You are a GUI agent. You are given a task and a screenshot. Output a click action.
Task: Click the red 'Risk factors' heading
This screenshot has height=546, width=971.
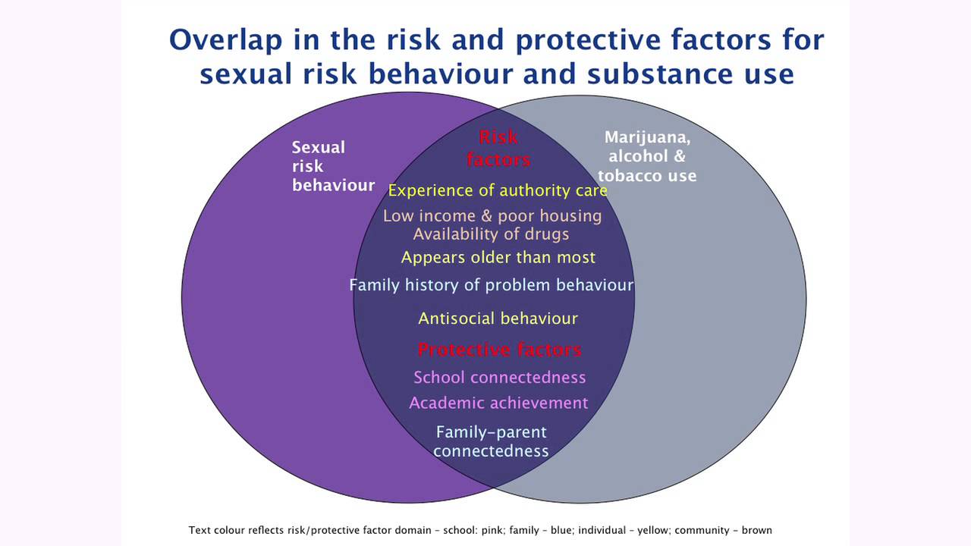coord(498,149)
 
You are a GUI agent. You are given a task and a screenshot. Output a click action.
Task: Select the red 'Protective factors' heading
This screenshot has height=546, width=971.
coord(499,350)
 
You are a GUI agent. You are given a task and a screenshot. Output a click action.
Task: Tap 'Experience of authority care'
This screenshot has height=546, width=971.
coord(498,190)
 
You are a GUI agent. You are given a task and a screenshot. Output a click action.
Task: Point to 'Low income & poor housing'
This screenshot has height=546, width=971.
coord(492,216)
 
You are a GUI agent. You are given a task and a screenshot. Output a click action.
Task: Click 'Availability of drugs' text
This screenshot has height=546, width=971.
coord(491,234)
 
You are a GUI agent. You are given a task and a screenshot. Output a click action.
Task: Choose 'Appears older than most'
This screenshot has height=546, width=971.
coord(498,257)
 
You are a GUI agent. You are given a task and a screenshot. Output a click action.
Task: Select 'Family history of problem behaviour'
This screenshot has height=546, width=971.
coord(491,285)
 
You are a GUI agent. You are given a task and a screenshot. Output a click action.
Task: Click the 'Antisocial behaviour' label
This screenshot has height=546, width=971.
coord(498,318)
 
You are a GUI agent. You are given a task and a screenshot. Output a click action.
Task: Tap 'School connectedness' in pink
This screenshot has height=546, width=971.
coord(499,378)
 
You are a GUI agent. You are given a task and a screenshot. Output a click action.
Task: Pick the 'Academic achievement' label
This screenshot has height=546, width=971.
coord(498,403)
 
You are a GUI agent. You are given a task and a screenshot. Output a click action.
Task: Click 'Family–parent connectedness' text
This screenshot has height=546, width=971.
coord(491,441)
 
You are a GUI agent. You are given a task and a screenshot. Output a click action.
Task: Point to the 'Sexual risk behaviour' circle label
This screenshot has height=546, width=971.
coord(333,166)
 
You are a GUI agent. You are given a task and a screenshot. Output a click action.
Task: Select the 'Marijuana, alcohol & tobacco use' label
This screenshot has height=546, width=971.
coord(647,156)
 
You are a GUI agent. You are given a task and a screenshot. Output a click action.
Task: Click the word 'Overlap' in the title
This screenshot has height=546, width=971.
coord(225,40)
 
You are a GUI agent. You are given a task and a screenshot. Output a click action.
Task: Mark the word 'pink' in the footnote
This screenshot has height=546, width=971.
coord(493,530)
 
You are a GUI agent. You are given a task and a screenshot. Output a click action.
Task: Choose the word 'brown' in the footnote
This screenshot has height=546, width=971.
coord(757,530)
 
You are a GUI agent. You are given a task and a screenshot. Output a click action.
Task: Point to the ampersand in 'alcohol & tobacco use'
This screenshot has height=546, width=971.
coord(679,156)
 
